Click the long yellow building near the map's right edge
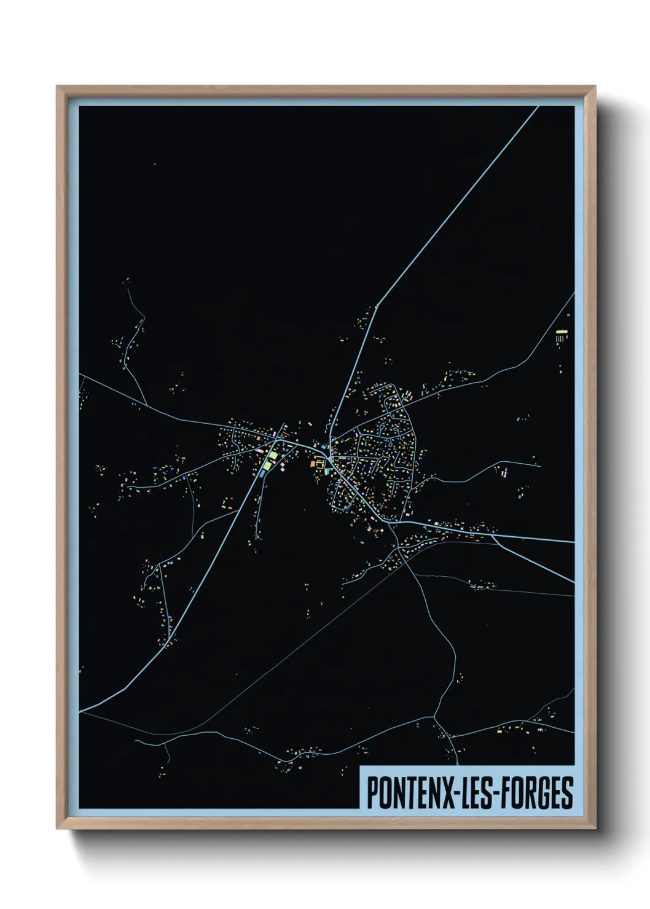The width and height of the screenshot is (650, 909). pos(562,332)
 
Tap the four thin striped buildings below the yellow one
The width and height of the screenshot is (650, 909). pos(560,338)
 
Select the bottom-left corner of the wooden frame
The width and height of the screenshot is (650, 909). pos(57,829)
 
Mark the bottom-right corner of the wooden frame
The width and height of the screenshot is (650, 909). pos(595,829)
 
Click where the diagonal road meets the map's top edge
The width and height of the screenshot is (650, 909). pos(538,107)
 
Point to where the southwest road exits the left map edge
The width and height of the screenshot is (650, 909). pos(80,712)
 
